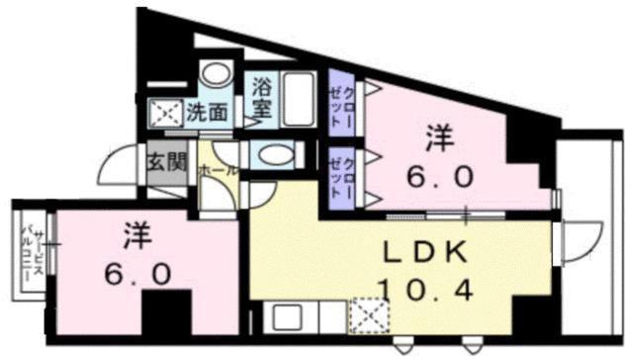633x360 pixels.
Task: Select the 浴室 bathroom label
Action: coord(263,98)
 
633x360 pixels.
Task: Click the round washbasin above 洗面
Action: coord(215,76)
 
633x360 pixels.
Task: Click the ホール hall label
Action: coord(218,170)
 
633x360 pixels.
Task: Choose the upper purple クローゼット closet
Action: coord(342,103)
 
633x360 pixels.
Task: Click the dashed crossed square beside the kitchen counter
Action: coord(373,319)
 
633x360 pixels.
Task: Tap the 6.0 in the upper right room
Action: coord(439,179)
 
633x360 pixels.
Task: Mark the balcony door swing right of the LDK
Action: coord(580,238)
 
